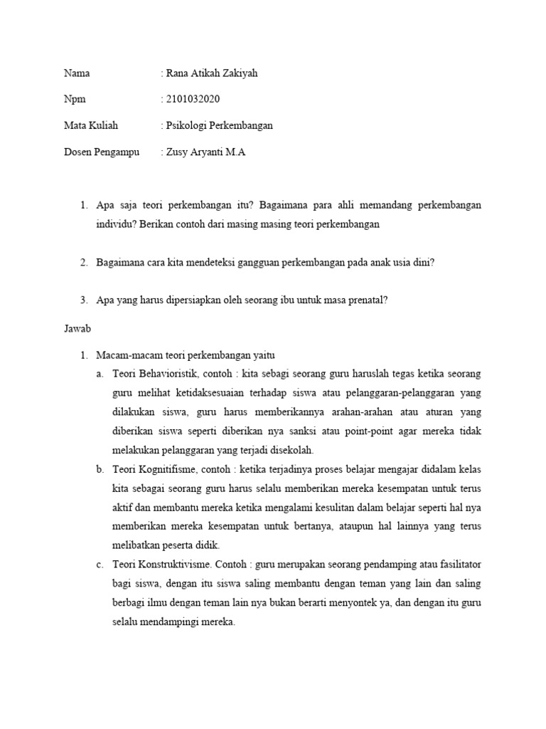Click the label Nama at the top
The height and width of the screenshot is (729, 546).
pos(77,73)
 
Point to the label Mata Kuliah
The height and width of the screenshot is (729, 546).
pos(91,125)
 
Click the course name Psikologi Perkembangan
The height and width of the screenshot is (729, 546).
pos(219,125)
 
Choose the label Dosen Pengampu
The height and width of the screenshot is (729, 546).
pos(102,152)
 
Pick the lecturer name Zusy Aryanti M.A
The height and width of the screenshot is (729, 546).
pos(205,152)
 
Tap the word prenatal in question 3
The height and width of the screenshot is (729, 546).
pos(365,300)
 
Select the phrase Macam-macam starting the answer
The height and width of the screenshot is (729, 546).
pos(123,354)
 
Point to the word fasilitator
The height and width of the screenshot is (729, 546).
pos(456,565)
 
